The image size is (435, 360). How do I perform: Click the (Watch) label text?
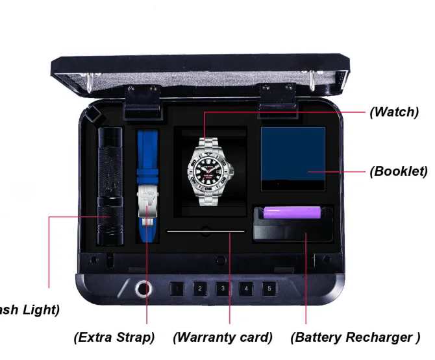(393, 112)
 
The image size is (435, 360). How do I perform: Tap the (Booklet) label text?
(398, 171)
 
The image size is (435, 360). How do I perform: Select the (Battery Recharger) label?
(354, 337)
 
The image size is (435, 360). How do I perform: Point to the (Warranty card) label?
(222, 337)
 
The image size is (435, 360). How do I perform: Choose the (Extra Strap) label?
(114, 337)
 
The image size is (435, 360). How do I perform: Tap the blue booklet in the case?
(293, 158)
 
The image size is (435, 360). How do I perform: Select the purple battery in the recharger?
(292, 212)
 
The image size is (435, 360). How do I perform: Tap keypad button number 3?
(223, 288)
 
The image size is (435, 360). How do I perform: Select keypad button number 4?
(245, 288)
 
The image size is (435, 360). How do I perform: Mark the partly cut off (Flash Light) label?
(29, 309)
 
